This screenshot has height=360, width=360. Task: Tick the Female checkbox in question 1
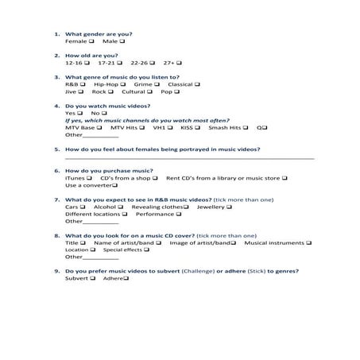[91, 41]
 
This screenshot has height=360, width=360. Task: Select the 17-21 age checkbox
[121, 62]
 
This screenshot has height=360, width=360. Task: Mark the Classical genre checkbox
[198, 84]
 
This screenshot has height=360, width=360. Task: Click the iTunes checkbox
[90, 178]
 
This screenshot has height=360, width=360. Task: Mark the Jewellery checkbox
[229, 207]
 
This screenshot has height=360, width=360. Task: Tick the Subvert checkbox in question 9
[92, 279]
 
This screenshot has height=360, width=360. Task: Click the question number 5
[56, 149]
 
